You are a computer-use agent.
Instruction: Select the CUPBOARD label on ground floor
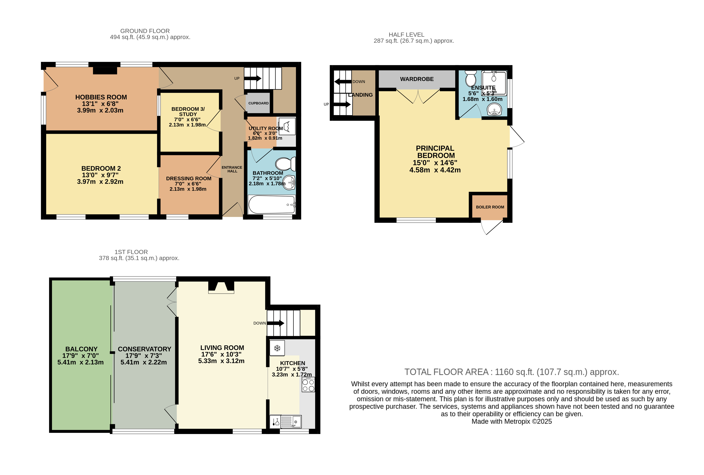tap(258, 103)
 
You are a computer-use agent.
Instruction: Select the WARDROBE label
tap(417, 79)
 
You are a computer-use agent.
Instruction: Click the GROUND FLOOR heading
tap(145, 31)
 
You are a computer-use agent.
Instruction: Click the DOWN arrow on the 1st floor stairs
tap(275, 323)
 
